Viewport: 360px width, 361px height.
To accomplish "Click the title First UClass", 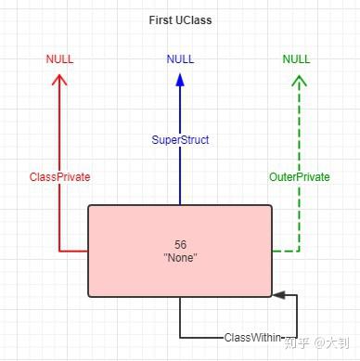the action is point(179,19).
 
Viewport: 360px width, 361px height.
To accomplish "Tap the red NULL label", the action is point(59,59).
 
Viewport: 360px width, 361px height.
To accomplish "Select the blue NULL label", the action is point(180,59).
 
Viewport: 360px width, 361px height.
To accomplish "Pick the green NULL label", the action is point(297,59).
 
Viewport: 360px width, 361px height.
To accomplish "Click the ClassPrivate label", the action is point(59,176).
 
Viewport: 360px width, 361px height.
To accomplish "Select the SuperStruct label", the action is point(180,140).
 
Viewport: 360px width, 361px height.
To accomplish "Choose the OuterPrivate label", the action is point(299,176).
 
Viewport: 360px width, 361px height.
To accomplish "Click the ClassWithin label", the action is point(251,338).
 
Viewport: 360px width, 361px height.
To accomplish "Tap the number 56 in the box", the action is point(180,244).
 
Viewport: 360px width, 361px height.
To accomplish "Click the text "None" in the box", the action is point(180,257).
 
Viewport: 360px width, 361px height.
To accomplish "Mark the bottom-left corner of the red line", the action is point(59,251).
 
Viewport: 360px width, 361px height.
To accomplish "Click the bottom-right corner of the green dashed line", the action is point(299,251).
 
